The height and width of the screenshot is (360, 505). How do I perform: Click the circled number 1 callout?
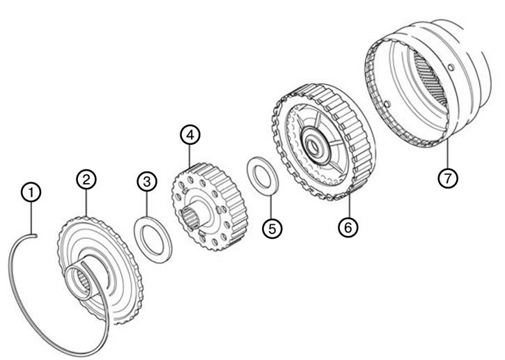(31, 192)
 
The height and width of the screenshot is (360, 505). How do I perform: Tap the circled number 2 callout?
(86, 180)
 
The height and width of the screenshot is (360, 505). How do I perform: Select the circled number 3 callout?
(147, 181)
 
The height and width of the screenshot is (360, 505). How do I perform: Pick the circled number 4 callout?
(190, 135)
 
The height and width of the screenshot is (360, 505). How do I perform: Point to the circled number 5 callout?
(272, 228)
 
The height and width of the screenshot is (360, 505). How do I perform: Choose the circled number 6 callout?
(348, 227)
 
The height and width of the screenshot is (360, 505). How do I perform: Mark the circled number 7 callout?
(448, 178)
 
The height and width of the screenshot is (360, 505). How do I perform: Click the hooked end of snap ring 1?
(34, 235)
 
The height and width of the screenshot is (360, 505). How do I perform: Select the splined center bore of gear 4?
(190, 217)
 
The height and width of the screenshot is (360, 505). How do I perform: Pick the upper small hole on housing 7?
(451, 68)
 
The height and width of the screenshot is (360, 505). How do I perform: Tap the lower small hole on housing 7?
(387, 104)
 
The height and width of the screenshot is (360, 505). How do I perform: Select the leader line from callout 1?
(31, 219)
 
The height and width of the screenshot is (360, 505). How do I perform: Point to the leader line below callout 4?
(190, 155)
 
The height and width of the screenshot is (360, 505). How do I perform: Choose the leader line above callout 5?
(271, 206)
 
